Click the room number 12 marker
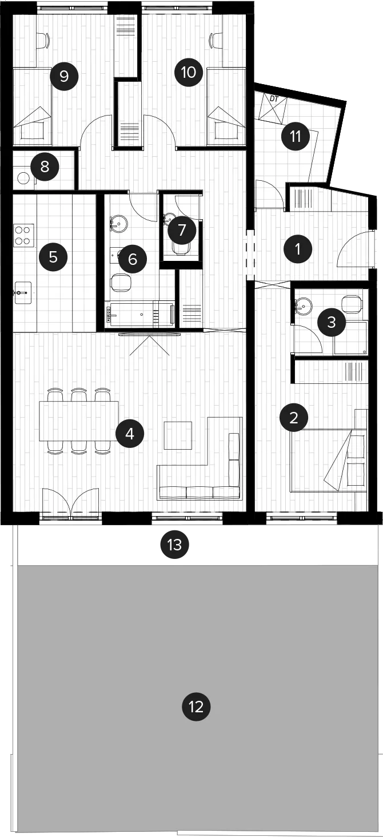click(196, 707)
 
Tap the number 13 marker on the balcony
click(175, 545)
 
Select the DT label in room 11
click(274, 100)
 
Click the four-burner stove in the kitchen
click(24, 235)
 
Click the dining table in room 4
click(79, 421)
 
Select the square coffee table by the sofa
click(178, 435)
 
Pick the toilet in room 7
click(181, 248)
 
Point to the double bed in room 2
click(329, 461)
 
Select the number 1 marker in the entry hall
click(297, 249)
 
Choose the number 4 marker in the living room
click(130, 434)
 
